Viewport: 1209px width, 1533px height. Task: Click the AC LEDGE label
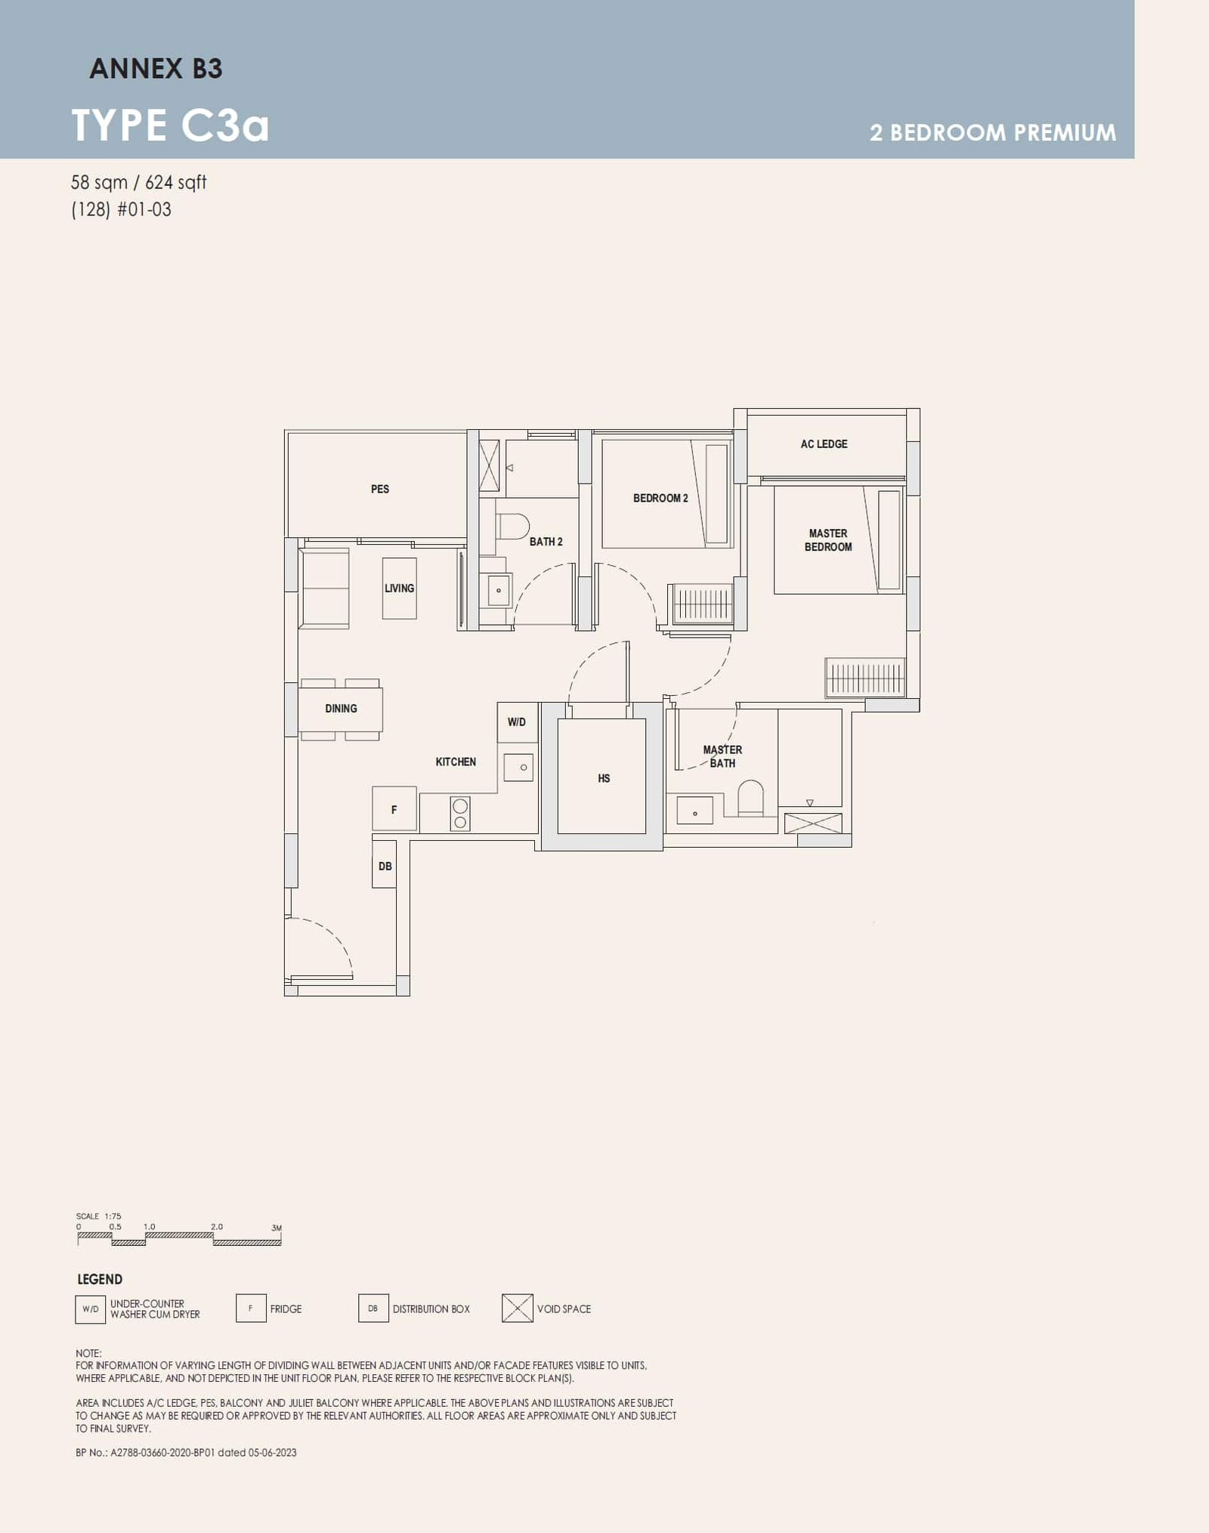(x=824, y=444)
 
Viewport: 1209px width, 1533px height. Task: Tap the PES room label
(x=380, y=489)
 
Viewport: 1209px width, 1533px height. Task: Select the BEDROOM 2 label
(x=660, y=499)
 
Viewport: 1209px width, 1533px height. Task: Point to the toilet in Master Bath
(x=750, y=797)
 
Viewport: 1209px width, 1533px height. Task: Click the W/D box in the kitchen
(x=517, y=722)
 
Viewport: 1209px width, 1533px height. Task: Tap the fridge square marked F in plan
(x=394, y=809)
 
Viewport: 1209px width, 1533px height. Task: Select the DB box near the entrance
(x=385, y=866)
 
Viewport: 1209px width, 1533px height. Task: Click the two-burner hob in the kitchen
(x=459, y=814)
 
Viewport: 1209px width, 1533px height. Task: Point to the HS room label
(x=604, y=778)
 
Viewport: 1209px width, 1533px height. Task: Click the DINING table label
(x=341, y=709)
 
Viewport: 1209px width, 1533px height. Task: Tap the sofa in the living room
(x=325, y=589)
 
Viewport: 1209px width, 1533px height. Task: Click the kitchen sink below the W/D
(x=519, y=768)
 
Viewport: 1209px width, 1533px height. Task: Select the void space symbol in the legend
(x=517, y=1308)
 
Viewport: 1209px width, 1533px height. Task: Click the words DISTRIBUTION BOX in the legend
(x=431, y=1309)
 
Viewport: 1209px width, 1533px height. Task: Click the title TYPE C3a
(x=170, y=125)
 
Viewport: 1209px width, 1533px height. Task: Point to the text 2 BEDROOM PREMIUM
(x=992, y=133)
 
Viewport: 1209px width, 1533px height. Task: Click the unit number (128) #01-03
(x=121, y=209)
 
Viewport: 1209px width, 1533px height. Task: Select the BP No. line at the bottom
(x=186, y=1452)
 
